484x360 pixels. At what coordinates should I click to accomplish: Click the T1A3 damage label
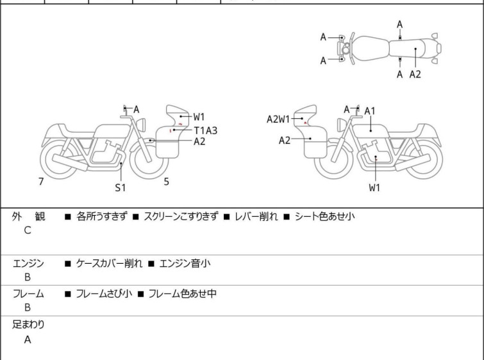click(x=205, y=130)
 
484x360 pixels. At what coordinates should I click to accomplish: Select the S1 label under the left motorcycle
click(x=121, y=187)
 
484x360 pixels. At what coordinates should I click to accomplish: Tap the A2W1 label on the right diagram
click(x=279, y=119)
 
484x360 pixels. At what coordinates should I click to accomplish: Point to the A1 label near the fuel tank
click(x=370, y=111)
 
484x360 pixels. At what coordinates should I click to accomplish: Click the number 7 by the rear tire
click(x=41, y=182)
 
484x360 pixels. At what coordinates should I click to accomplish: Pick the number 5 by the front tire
click(x=167, y=182)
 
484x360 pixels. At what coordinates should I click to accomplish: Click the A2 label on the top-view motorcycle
click(x=415, y=74)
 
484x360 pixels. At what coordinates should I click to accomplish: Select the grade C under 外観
click(x=28, y=230)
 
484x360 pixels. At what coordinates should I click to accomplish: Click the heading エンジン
click(x=28, y=263)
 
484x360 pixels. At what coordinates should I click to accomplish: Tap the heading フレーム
click(x=28, y=294)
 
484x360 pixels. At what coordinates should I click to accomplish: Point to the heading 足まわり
click(x=28, y=324)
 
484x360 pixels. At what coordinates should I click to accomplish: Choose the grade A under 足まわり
click(x=28, y=340)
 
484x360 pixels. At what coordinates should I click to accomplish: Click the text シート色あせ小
click(x=324, y=217)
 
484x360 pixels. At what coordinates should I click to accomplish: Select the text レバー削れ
click(x=256, y=217)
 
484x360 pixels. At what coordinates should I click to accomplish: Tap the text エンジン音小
click(x=186, y=263)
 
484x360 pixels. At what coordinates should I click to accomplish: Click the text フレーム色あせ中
click(x=183, y=294)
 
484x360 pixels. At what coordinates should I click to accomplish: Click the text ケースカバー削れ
click(x=108, y=263)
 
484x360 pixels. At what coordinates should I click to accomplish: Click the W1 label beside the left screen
click(x=199, y=117)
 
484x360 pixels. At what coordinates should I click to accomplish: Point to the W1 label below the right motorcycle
click(x=374, y=188)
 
